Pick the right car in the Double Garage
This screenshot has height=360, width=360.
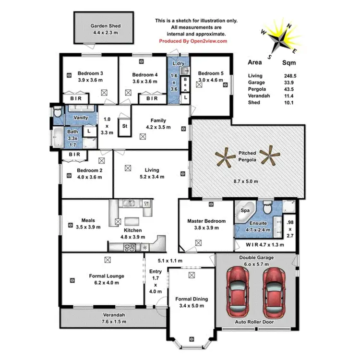pyautogui.click(x=273, y=291)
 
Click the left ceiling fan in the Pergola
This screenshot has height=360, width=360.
pyautogui.click(x=225, y=158)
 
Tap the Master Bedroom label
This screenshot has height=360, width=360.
pyautogui.click(x=206, y=221)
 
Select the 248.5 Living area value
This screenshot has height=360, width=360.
pyautogui.click(x=290, y=76)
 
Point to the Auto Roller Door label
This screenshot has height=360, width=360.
pyautogui.click(x=254, y=322)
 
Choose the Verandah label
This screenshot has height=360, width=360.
pyautogui.click(x=114, y=315)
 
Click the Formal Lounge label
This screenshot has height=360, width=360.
pyautogui.click(x=107, y=276)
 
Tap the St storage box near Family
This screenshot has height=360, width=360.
pyautogui.click(x=124, y=127)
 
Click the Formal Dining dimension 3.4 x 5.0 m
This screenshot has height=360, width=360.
pyautogui.click(x=192, y=305)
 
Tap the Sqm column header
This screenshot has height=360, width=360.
pyautogui.click(x=289, y=62)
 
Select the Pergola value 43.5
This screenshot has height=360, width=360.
pyautogui.click(x=289, y=89)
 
